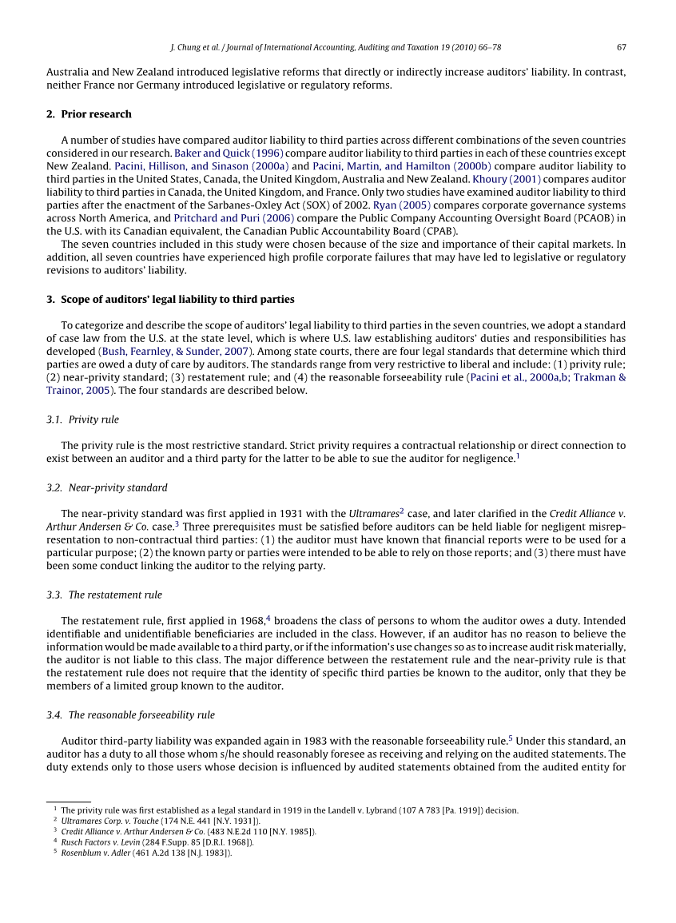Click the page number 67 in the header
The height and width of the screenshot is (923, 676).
[621, 46]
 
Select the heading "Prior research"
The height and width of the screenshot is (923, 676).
[96, 114]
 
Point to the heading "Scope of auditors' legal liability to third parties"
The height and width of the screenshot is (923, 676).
[177, 300]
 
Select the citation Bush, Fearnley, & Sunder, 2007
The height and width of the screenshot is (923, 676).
[176, 351]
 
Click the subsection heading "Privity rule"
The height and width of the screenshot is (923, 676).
[93, 420]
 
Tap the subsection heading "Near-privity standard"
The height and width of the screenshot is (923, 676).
[117, 487]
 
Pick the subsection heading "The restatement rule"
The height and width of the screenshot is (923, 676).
[115, 595]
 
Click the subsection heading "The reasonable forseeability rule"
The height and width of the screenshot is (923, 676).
[141, 714]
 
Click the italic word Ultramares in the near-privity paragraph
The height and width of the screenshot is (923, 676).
[373, 513]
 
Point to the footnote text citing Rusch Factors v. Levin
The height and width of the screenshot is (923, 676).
[157, 841]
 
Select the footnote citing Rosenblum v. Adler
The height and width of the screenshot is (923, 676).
[146, 853]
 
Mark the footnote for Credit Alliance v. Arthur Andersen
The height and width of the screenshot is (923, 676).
[188, 831]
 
